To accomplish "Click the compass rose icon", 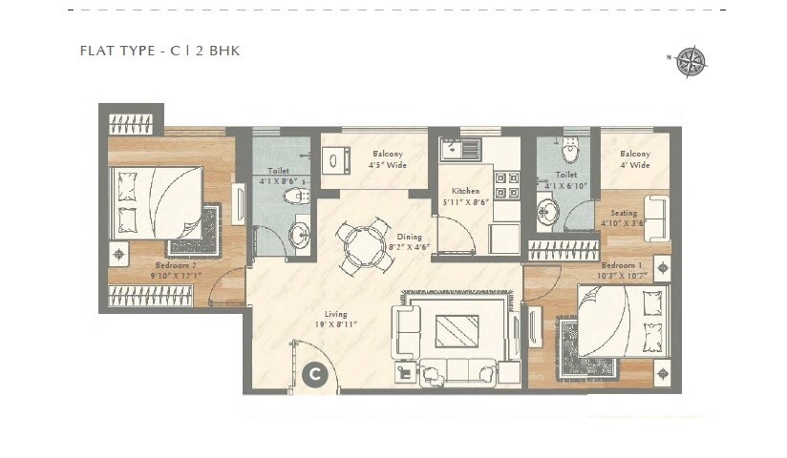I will tap(691, 61).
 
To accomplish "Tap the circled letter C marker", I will tap(313, 375).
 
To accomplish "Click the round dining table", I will tap(362, 247).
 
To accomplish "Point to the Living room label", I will tap(335, 319).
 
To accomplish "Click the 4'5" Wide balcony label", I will tap(388, 159).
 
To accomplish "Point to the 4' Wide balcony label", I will tap(634, 159).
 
